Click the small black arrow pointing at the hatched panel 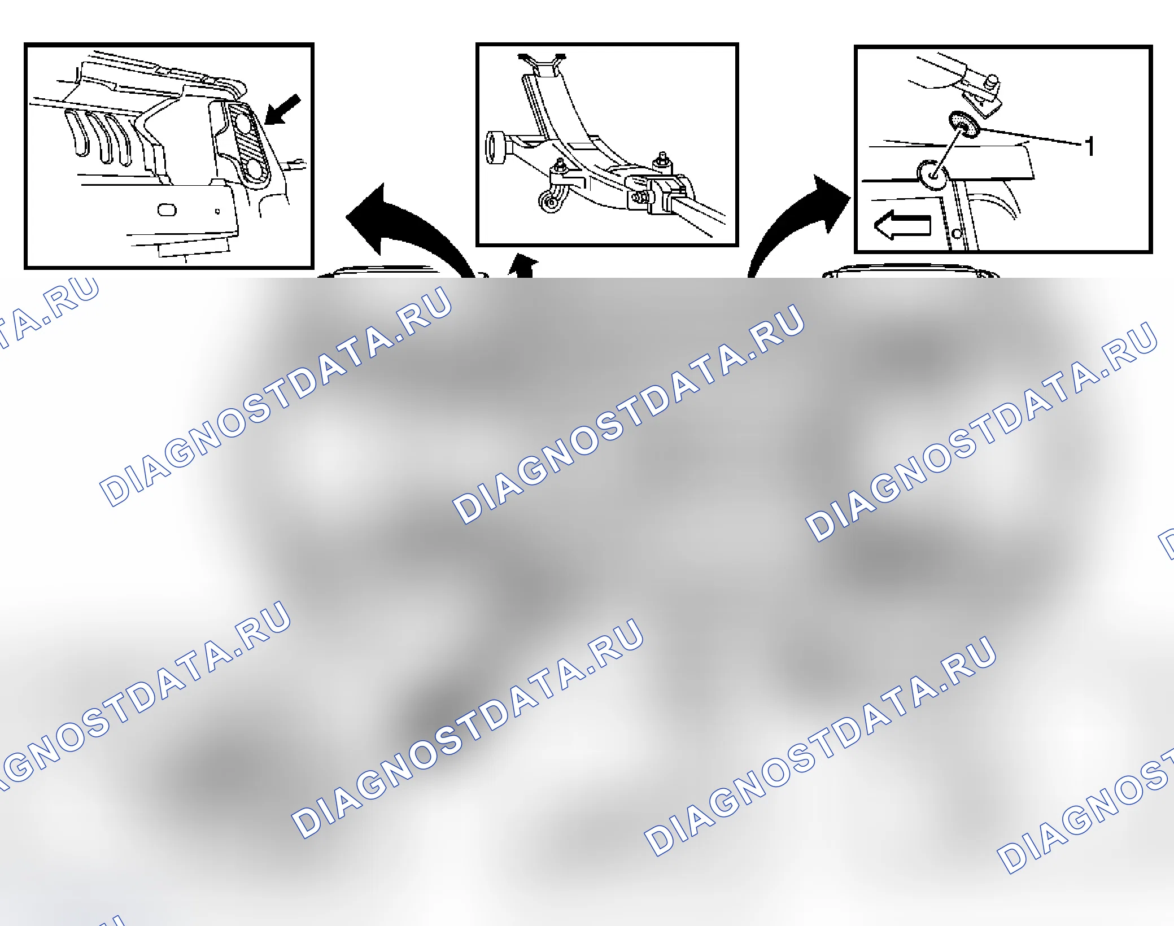pyautogui.click(x=283, y=109)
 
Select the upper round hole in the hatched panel pyautogui.click(x=243, y=123)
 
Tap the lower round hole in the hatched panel pyautogui.click(x=254, y=169)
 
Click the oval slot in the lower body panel pyautogui.click(x=167, y=210)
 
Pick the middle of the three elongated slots pyautogui.click(x=102, y=138)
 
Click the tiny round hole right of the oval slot pyautogui.click(x=217, y=212)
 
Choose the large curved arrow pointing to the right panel pyautogui.click(x=796, y=226)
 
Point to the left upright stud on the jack pyautogui.click(x=560, y=165)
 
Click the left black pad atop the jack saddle pyautogui.click(x=525, y=56)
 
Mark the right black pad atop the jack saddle pyautogui.click(x=561, y=56)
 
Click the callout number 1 pyautogui.click(x=1089, y=146)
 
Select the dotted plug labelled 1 pyautogui.click(x=964, y=124)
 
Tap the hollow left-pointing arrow pyautogui.click(x=902, y=225)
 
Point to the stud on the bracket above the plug pyautogui.click(x=990, y=82)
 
